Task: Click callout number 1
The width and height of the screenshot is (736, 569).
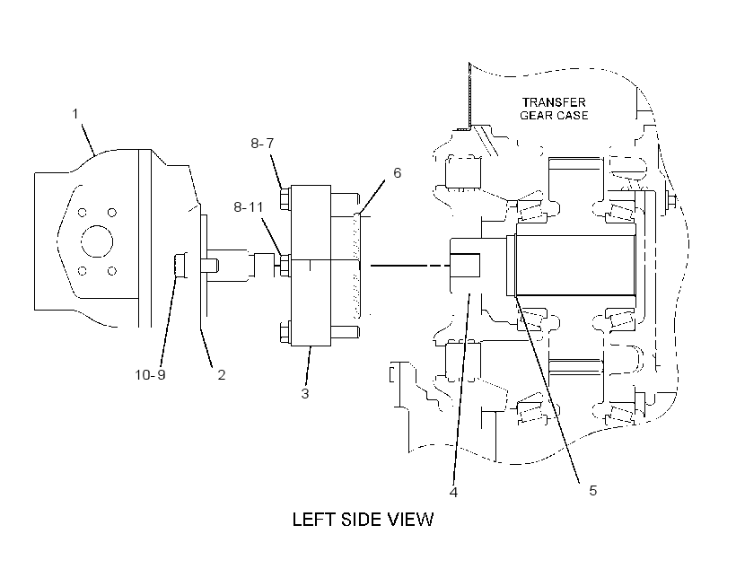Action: point(75,114)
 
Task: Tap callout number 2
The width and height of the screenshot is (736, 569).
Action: point(221,374)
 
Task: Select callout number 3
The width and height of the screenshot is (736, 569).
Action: point(305,393)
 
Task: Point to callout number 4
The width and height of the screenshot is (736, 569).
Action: point(453,492)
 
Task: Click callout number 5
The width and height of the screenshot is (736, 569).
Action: point(592,491)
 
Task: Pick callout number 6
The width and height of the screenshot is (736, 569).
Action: point(397,173)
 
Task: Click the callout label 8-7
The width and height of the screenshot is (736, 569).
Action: point(262,144)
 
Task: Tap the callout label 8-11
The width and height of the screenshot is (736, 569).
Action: point(249,207)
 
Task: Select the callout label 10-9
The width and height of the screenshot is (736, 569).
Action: point(150,374)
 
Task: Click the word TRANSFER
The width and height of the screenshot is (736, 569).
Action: point(554,102)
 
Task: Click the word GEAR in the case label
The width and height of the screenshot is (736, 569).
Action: point(536,116)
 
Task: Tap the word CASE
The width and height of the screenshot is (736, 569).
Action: point(572,116)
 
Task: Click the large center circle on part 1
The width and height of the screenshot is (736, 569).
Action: point(97,241)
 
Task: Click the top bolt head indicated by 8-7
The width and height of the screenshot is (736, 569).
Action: point(285,199)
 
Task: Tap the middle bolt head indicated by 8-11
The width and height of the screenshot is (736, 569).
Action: point(285,266)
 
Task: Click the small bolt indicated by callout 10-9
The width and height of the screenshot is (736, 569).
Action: point(180,266)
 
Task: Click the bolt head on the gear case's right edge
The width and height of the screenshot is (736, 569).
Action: point(671,200)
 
